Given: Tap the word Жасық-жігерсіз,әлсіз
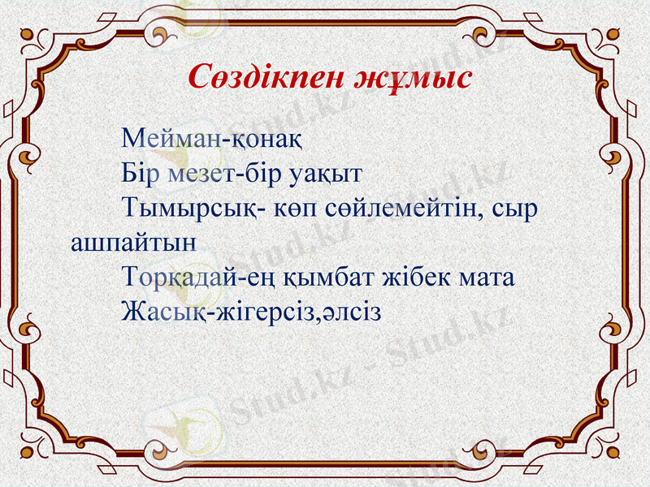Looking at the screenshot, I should point(251,312).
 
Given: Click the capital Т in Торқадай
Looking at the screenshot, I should point(130,276).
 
